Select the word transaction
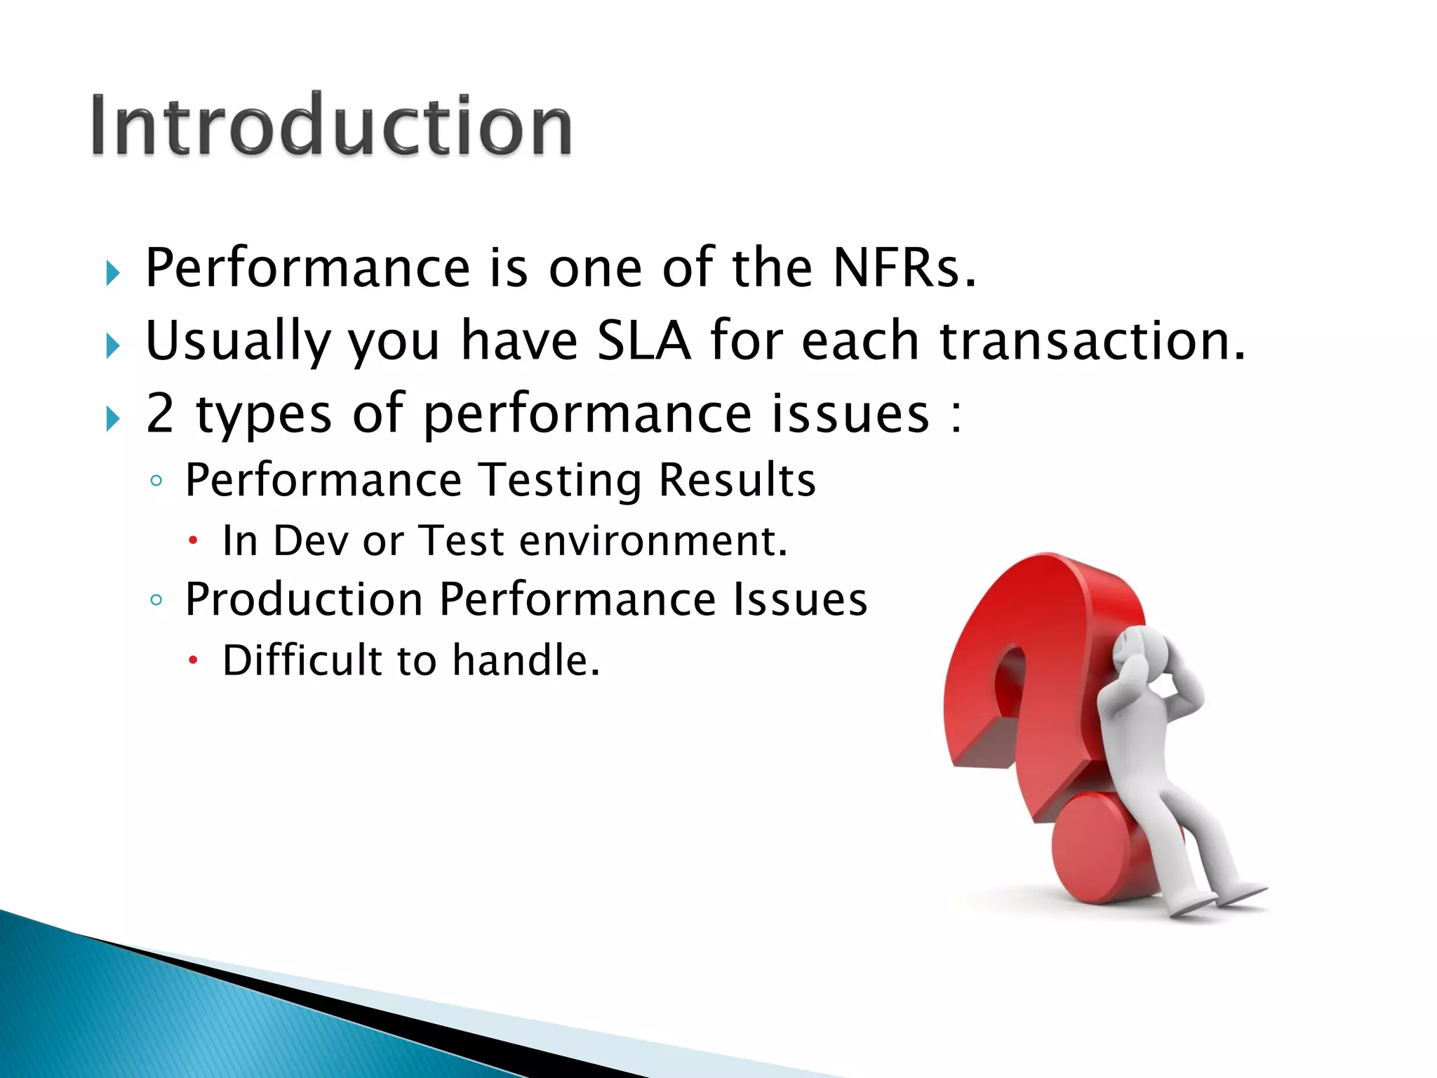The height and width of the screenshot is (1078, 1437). pos(1092,341)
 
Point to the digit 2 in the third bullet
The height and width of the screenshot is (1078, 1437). pos(160,413)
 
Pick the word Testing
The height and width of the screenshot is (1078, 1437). pos(559,481)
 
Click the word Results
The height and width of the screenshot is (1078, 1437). pos(737,481)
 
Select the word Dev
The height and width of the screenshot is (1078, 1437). pos(310,541)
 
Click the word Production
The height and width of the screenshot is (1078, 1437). pos(303,600)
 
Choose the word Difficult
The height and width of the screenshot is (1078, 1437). pos(302,660)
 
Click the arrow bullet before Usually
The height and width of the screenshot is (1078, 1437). pos(113,346)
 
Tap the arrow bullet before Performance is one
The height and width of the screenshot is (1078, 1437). pos(113,272)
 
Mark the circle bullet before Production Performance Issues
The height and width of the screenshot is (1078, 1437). pos(156,600)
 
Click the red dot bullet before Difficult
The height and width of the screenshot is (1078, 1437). pos(194,660)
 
